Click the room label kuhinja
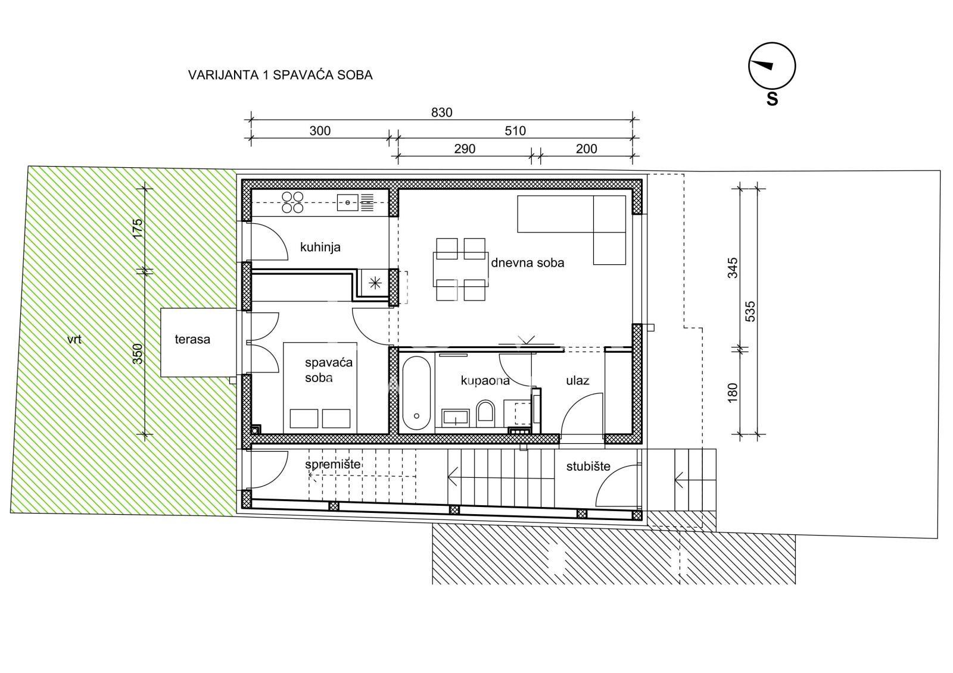[x=320, y=247]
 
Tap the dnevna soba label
[x=528, y=263]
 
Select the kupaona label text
[x=485, y=380]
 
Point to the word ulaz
[x=577, y=380]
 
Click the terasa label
[x=192, y=339]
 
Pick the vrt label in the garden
[x=74, y=339]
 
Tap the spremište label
[x=333, y=464]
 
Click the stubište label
[x=588, y=467]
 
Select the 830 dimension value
[x=441, y=112]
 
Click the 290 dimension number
[x=464, y=149]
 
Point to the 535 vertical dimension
[x=750, y=311]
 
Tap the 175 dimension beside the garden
[x=138, y=228]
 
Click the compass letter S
[x=772, y=99]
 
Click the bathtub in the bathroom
[x=416, y=393]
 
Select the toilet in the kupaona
[x=485, y=412]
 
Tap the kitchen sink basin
[x=348, y=202]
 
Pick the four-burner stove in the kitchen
[x=292, y=202]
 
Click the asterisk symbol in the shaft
[x=375, y=283]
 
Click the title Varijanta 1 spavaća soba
[x=281, y=75]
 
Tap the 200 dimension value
[x=586, y=149]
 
